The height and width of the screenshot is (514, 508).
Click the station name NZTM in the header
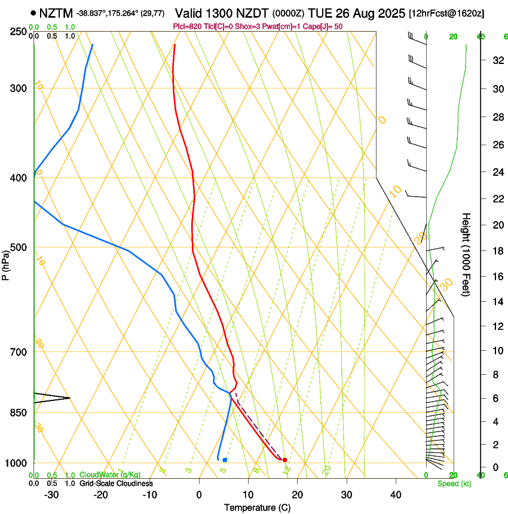(x=56, y=13)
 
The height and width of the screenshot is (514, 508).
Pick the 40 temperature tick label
(x=396, y=495)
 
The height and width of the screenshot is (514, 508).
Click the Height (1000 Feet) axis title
(x=467, y=255)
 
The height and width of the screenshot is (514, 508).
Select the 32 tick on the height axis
(x=496, y=60)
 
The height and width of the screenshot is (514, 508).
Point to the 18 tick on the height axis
(x=496, y=251)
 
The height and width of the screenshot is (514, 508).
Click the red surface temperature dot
(x=284, y=460)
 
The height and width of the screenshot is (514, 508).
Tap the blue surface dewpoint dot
(x=225, y=460)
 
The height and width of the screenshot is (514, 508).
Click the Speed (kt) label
(x=452, y=484)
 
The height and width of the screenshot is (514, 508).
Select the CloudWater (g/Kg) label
(x=110, y=476)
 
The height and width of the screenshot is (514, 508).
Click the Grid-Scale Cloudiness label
(x=116, y=484)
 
